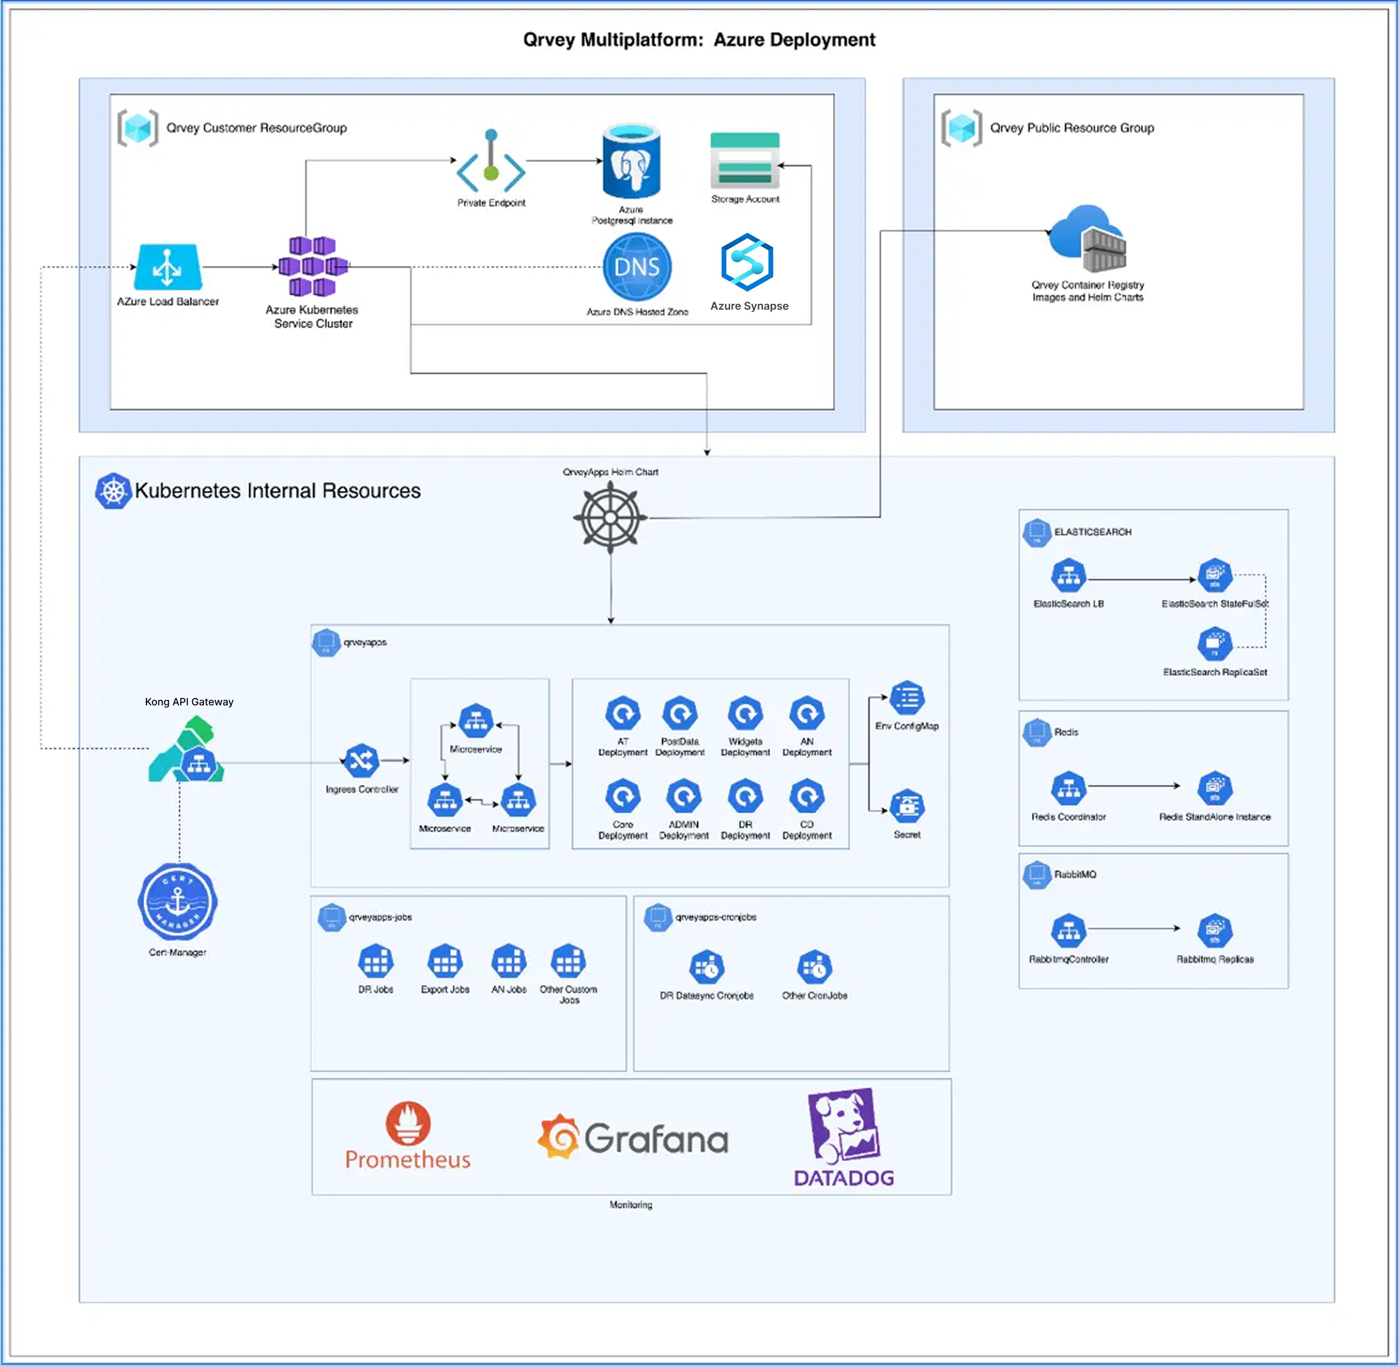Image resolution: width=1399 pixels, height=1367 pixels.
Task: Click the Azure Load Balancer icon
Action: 167,266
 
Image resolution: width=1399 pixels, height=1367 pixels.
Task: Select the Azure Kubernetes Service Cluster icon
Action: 312,266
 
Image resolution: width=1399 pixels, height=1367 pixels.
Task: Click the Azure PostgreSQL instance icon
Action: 631,161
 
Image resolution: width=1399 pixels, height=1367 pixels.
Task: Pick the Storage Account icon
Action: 745,160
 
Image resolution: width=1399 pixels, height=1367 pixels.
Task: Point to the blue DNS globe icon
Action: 637,267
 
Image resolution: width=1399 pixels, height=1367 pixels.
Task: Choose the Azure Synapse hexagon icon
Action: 747,262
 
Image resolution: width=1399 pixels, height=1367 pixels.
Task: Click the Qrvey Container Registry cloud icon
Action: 1087,239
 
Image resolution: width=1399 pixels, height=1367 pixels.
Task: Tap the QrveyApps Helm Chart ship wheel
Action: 611,517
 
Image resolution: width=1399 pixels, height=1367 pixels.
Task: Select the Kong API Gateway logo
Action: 186,750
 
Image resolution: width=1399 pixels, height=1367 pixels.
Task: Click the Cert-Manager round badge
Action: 178,902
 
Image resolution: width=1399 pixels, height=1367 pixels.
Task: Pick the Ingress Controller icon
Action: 361,760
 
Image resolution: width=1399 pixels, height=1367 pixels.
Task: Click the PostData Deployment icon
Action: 679,714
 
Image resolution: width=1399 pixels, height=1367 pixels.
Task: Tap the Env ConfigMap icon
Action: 907,698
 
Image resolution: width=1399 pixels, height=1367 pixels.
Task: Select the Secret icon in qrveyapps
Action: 907,806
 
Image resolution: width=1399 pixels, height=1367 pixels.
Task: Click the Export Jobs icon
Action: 445,961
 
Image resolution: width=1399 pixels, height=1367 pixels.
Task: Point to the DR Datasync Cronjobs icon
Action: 706,968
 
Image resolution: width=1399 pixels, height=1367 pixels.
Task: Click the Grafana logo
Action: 633,1138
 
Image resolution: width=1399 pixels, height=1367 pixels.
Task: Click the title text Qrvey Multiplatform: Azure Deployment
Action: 699,40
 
